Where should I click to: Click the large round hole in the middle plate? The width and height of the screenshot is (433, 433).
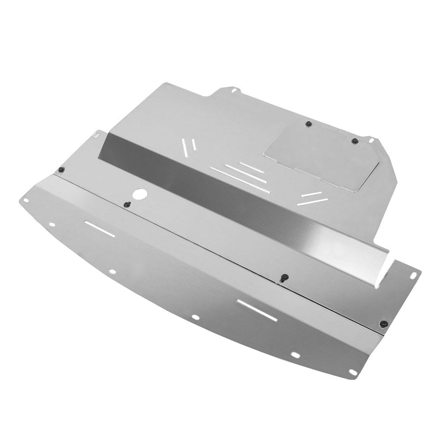141,194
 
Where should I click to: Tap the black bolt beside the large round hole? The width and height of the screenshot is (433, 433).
127,205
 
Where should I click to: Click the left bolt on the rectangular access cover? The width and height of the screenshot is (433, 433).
309,124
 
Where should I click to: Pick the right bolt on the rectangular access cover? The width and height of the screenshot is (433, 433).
355,141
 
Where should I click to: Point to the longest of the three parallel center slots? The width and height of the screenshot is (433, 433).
240,180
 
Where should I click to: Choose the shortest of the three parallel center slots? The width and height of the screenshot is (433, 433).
251,167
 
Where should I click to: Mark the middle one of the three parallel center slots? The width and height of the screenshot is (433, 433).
245,174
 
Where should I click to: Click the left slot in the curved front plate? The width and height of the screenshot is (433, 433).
100,229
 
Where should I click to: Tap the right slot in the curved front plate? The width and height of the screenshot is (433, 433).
257,310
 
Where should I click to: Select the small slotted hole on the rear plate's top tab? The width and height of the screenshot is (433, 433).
233,89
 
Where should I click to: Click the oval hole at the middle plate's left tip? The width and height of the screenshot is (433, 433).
97,135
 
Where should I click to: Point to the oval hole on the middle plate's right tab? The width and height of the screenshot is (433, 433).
413,275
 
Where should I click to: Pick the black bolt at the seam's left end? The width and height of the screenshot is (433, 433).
62,169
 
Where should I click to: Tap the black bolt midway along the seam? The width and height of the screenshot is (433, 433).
284,278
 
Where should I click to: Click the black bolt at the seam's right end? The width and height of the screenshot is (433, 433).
383,324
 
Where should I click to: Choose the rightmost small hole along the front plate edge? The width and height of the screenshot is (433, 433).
353,372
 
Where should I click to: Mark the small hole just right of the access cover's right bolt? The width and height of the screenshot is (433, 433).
371,140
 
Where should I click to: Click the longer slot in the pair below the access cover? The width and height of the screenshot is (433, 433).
312,201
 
